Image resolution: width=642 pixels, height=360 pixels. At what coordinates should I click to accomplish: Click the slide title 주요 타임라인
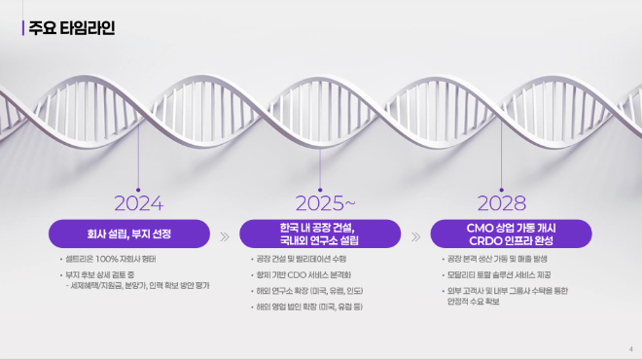[74, 27]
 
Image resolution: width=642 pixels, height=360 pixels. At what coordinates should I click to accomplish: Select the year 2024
[138, 203]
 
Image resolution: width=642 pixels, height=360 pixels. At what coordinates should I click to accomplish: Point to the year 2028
[501, 203]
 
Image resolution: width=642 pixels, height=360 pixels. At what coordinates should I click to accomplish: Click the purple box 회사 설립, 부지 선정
[129, 234]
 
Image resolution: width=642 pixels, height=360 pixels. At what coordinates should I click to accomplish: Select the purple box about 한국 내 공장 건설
[319, 234]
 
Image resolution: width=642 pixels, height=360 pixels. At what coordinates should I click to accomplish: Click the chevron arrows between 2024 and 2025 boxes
[226, 235]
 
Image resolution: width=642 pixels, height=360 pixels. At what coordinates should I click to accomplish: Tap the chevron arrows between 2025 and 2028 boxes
[415, 235]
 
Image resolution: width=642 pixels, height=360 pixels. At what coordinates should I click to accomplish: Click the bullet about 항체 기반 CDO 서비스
[302, 275]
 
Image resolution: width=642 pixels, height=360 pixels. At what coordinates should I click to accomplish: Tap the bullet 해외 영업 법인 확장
[307, 306]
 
